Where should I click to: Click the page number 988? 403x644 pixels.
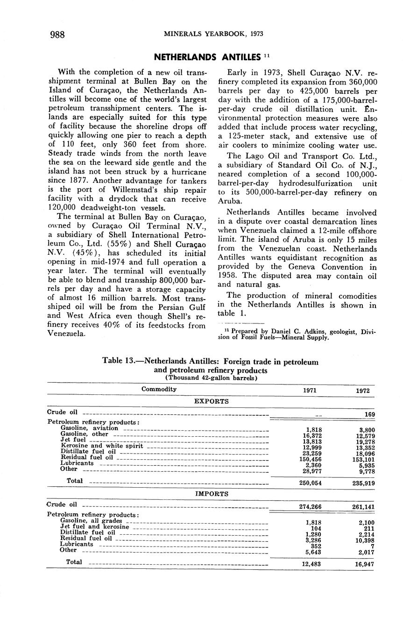[x=57, y=35]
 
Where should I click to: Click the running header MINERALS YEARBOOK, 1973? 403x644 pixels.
[x=210, y=34]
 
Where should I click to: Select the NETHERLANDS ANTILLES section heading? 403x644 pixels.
[x=207, y=57]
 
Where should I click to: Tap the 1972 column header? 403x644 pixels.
[x=363, y=391]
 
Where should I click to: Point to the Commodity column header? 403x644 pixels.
[x=159, y=389]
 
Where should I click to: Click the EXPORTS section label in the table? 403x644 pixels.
[x=212, y=401]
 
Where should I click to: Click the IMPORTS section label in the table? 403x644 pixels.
[x=212, y=493]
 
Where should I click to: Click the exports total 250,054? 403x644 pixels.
[x=310, y=483]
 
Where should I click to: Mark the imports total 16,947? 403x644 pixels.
[x=364, y=564]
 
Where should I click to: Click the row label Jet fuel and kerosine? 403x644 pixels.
[x=95, y=526]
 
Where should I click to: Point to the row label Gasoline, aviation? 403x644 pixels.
[x=89, y=428]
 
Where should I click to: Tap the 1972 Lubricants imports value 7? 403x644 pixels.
[x=372, y=546]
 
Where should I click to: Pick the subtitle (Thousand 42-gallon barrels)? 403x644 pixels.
[x=212, y=378]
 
